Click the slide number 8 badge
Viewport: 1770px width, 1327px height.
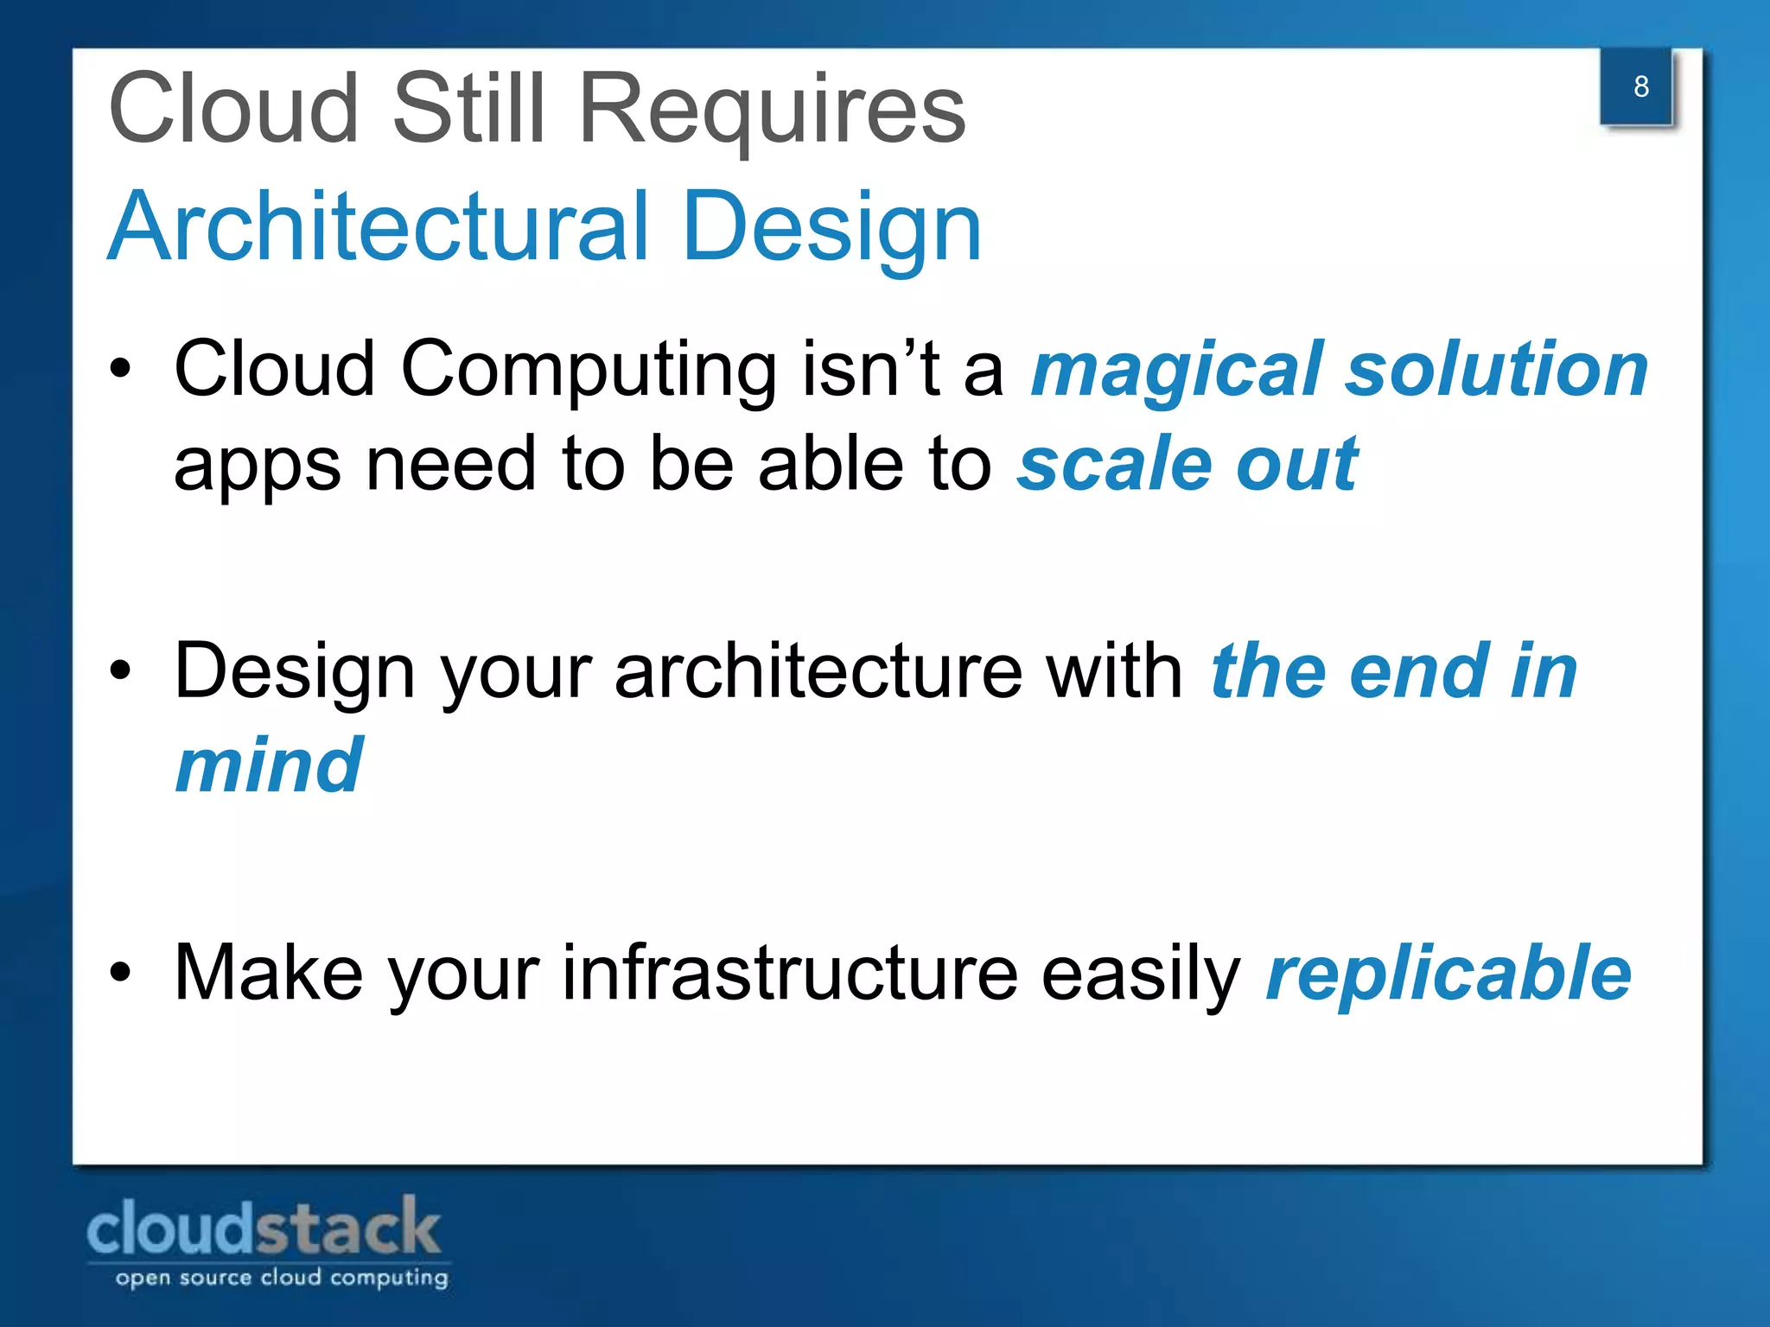[1639, 86]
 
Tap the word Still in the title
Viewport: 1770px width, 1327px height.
[469, 110]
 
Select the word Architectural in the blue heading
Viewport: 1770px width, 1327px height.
[378, 226]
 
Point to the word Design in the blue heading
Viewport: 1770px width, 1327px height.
[831, 226]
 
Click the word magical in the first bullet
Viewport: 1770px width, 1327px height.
[1177, 370]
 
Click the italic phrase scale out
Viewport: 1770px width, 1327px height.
[1187, 464]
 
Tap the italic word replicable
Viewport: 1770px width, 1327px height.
[1448, 974]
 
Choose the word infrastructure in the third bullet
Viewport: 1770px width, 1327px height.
[790, 974]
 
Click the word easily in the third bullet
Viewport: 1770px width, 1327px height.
[1141, 974]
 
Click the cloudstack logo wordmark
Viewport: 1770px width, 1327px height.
[264, 1228]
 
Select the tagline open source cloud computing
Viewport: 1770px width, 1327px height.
[282, 1278]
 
